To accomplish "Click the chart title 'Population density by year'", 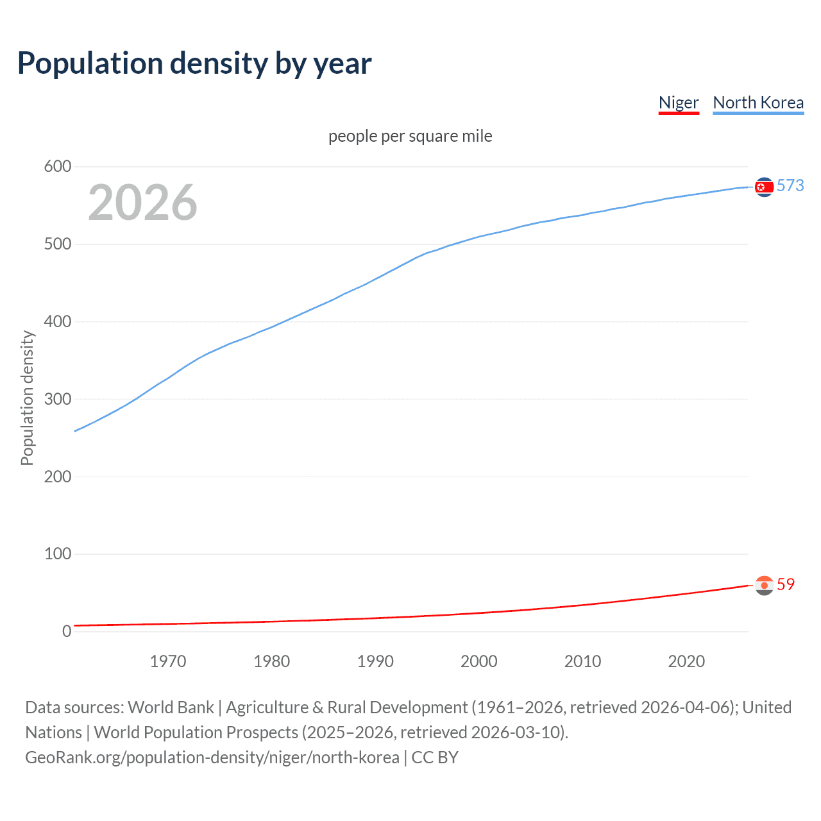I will (194, 63).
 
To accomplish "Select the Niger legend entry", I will (679, 103).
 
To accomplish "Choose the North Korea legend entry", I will (758, 103).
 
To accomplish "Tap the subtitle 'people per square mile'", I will (410, 137).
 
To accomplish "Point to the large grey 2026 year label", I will (142, 203).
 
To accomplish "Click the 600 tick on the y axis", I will (58, 167).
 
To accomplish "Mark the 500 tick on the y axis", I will (58, 244).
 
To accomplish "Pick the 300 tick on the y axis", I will (58, 399).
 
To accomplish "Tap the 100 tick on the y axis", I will (58, 554).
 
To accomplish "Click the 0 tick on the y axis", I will (67, 631).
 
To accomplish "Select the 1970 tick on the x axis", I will (168, 661).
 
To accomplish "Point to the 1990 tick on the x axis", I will (375, 661).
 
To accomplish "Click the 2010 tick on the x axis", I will (582, 661).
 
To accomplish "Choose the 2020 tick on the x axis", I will (686, 661).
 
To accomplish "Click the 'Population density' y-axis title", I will (27, 398).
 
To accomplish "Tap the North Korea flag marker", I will (764, 187).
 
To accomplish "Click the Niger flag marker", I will (764, 585).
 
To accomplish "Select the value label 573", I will (790, 186).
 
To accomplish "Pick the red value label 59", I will (786, 584).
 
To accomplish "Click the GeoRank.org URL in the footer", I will (212, 758).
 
